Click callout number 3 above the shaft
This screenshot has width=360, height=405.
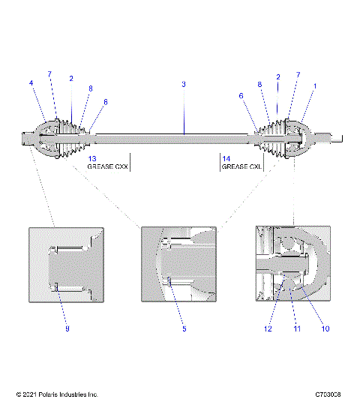[184, 84]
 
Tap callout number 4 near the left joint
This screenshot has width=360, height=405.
[31, 84]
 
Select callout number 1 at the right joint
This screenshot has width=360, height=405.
[315, 86]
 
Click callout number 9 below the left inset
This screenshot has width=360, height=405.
[66, 328]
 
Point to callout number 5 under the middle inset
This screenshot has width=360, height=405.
[184, 328]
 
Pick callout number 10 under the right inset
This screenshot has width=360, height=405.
[325, 328]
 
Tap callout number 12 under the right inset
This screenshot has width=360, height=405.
[267, 328]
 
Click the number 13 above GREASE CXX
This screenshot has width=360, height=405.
[92, 159]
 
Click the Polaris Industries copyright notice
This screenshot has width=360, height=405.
[57, 394]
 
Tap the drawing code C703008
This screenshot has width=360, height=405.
[328, 394]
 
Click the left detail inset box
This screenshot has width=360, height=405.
[66, 265]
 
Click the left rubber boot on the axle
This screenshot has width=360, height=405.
[71, 137]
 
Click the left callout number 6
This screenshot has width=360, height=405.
[106, 102]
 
